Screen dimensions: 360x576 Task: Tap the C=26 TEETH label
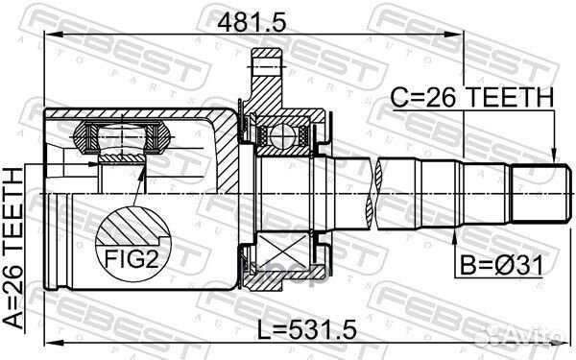[471, 97]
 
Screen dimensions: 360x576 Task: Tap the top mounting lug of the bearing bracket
[265, 67]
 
